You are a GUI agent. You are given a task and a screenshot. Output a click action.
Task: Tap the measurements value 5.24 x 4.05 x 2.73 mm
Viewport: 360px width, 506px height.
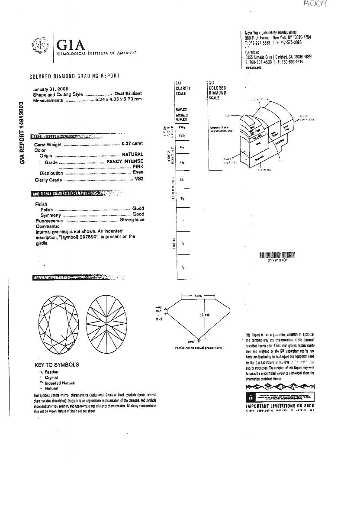[119, 100]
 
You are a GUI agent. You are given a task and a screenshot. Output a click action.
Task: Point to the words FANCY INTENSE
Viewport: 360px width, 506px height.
[125, 161]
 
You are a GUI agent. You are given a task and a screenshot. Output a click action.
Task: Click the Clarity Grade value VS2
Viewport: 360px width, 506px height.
[139, 178]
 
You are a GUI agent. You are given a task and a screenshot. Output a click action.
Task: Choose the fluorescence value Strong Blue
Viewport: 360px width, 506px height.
[132, 220]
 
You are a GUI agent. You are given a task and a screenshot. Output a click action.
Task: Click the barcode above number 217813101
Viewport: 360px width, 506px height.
[277, 255]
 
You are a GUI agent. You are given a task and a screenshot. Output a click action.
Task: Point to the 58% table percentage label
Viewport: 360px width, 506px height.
[198, 296]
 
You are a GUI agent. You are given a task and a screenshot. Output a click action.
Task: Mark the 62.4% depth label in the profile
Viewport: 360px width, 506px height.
[204, 315]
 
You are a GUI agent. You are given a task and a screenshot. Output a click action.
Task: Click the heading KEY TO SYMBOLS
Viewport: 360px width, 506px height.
[57, 364]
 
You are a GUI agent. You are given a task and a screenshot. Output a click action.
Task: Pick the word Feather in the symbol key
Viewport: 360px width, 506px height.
[51, 372]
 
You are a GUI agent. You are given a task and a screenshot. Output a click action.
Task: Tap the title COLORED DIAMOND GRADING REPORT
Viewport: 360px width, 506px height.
[74, 76]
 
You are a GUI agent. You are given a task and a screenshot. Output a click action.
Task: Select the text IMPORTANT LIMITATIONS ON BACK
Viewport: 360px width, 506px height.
[280, 406]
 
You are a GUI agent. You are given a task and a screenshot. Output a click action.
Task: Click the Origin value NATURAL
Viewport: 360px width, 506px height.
[132, 155]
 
